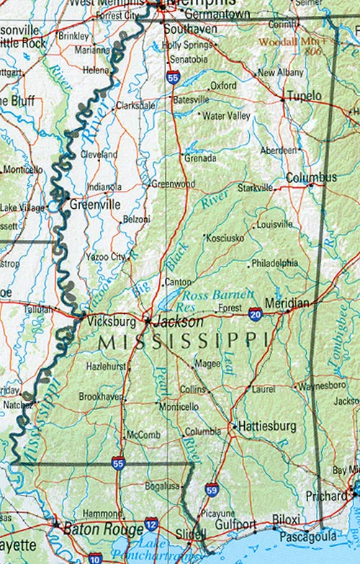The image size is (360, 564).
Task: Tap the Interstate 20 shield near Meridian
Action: pyautogui.click(x=255, y=313)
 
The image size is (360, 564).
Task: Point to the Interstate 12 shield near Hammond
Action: pyautogui.click(x=151, y=524)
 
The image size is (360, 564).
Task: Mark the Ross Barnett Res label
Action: pyautogui.click(x=217, y=300)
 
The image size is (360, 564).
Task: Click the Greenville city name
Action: pyautogui.click(x=95, y=205)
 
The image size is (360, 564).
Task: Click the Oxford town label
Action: pyautogui.click(x=223, y=85)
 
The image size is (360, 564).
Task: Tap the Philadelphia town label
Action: pyautogui.click(x=274, y=263)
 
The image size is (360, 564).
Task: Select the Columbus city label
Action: pyautogui.click(x=311, y=177)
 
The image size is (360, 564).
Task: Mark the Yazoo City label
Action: pyautogui.click(x=106, y=256)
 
